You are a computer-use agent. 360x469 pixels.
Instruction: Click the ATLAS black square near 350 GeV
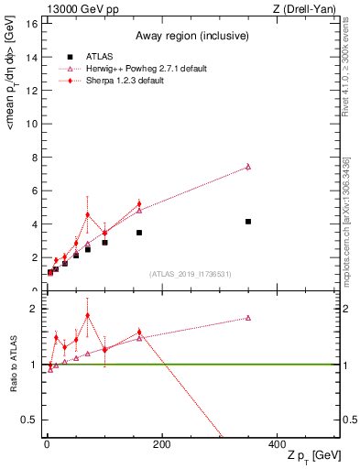tap(248, 222)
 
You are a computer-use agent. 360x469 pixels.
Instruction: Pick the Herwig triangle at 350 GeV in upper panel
tap(248, 167)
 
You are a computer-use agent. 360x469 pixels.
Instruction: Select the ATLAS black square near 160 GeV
tap(139, 233)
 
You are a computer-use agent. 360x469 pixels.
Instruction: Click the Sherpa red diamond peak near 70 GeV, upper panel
tap(88, 214)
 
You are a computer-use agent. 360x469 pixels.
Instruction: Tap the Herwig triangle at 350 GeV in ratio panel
tap(248, 318)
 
